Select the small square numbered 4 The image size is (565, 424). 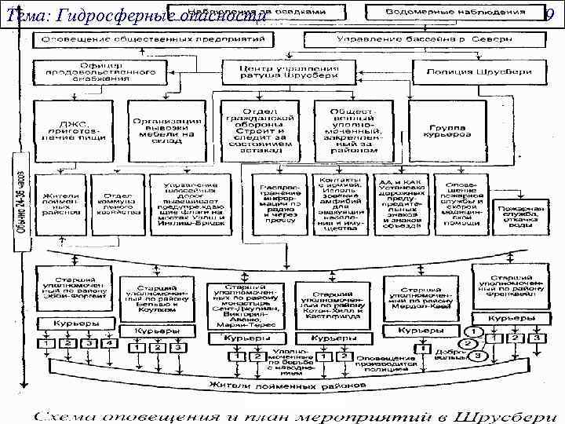(x=110, y=343)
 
